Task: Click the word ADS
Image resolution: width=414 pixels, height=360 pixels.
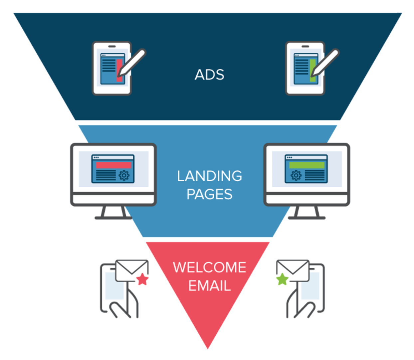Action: [x=209, y=75]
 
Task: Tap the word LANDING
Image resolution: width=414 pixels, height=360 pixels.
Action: [x=209, y=176]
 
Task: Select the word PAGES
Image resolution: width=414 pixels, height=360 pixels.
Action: [x=209, y=194]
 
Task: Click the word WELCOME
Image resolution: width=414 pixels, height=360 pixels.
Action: [x=209, y=268]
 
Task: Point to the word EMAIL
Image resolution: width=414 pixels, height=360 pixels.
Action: [x=209, y=286]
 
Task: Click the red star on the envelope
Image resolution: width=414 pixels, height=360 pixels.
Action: [x=142, y=279]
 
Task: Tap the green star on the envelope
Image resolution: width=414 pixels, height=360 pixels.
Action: [x=283, y=279]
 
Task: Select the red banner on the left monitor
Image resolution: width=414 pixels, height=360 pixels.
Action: [x=113, y=165]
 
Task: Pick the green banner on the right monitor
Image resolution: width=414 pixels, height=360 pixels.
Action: [x=307, y=165]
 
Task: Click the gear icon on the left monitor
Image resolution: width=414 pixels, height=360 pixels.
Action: [x=124, y=175]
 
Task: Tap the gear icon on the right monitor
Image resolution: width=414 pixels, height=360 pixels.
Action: [x=296, y=175]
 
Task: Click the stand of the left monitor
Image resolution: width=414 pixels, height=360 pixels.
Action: [x=113, y=213]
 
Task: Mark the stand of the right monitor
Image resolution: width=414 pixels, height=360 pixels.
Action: [x=307, y=213]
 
